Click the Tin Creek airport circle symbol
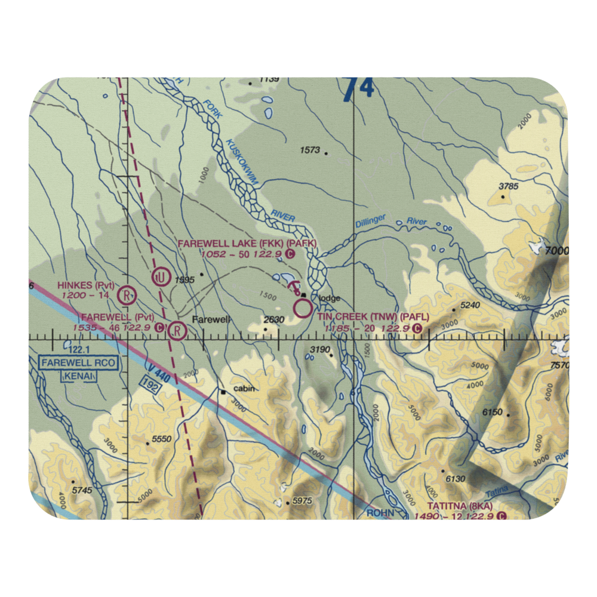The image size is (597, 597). pos(303,309)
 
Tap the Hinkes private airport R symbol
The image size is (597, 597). pos(126,294)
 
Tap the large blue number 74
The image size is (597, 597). pos(358,88)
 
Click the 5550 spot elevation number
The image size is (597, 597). pos(162,439)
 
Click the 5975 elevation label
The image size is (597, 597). pos(301,501)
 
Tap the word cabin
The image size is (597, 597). pos(244,388)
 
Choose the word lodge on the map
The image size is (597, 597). pos(330,298)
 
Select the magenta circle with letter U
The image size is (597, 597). pos(159,276)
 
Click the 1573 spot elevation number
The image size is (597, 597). pos(310,150)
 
